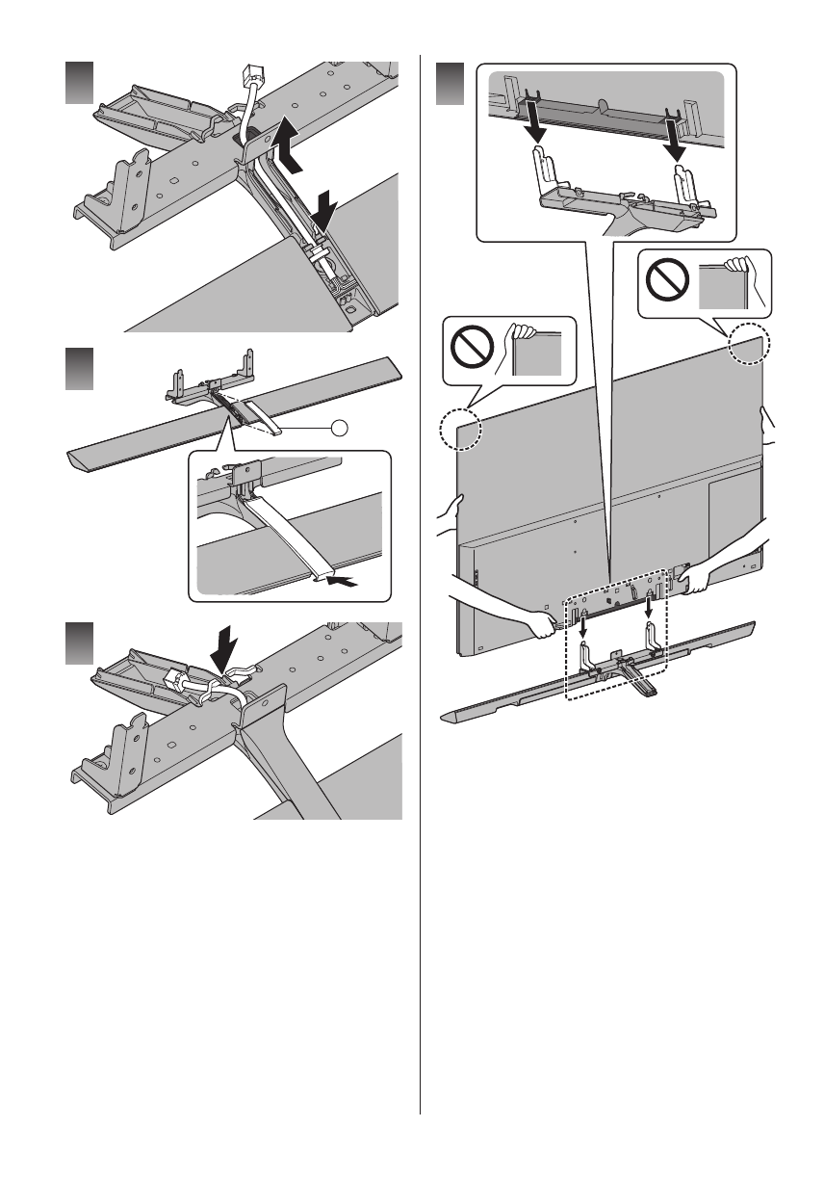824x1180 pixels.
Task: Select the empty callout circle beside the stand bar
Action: [x=338, y=425]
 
